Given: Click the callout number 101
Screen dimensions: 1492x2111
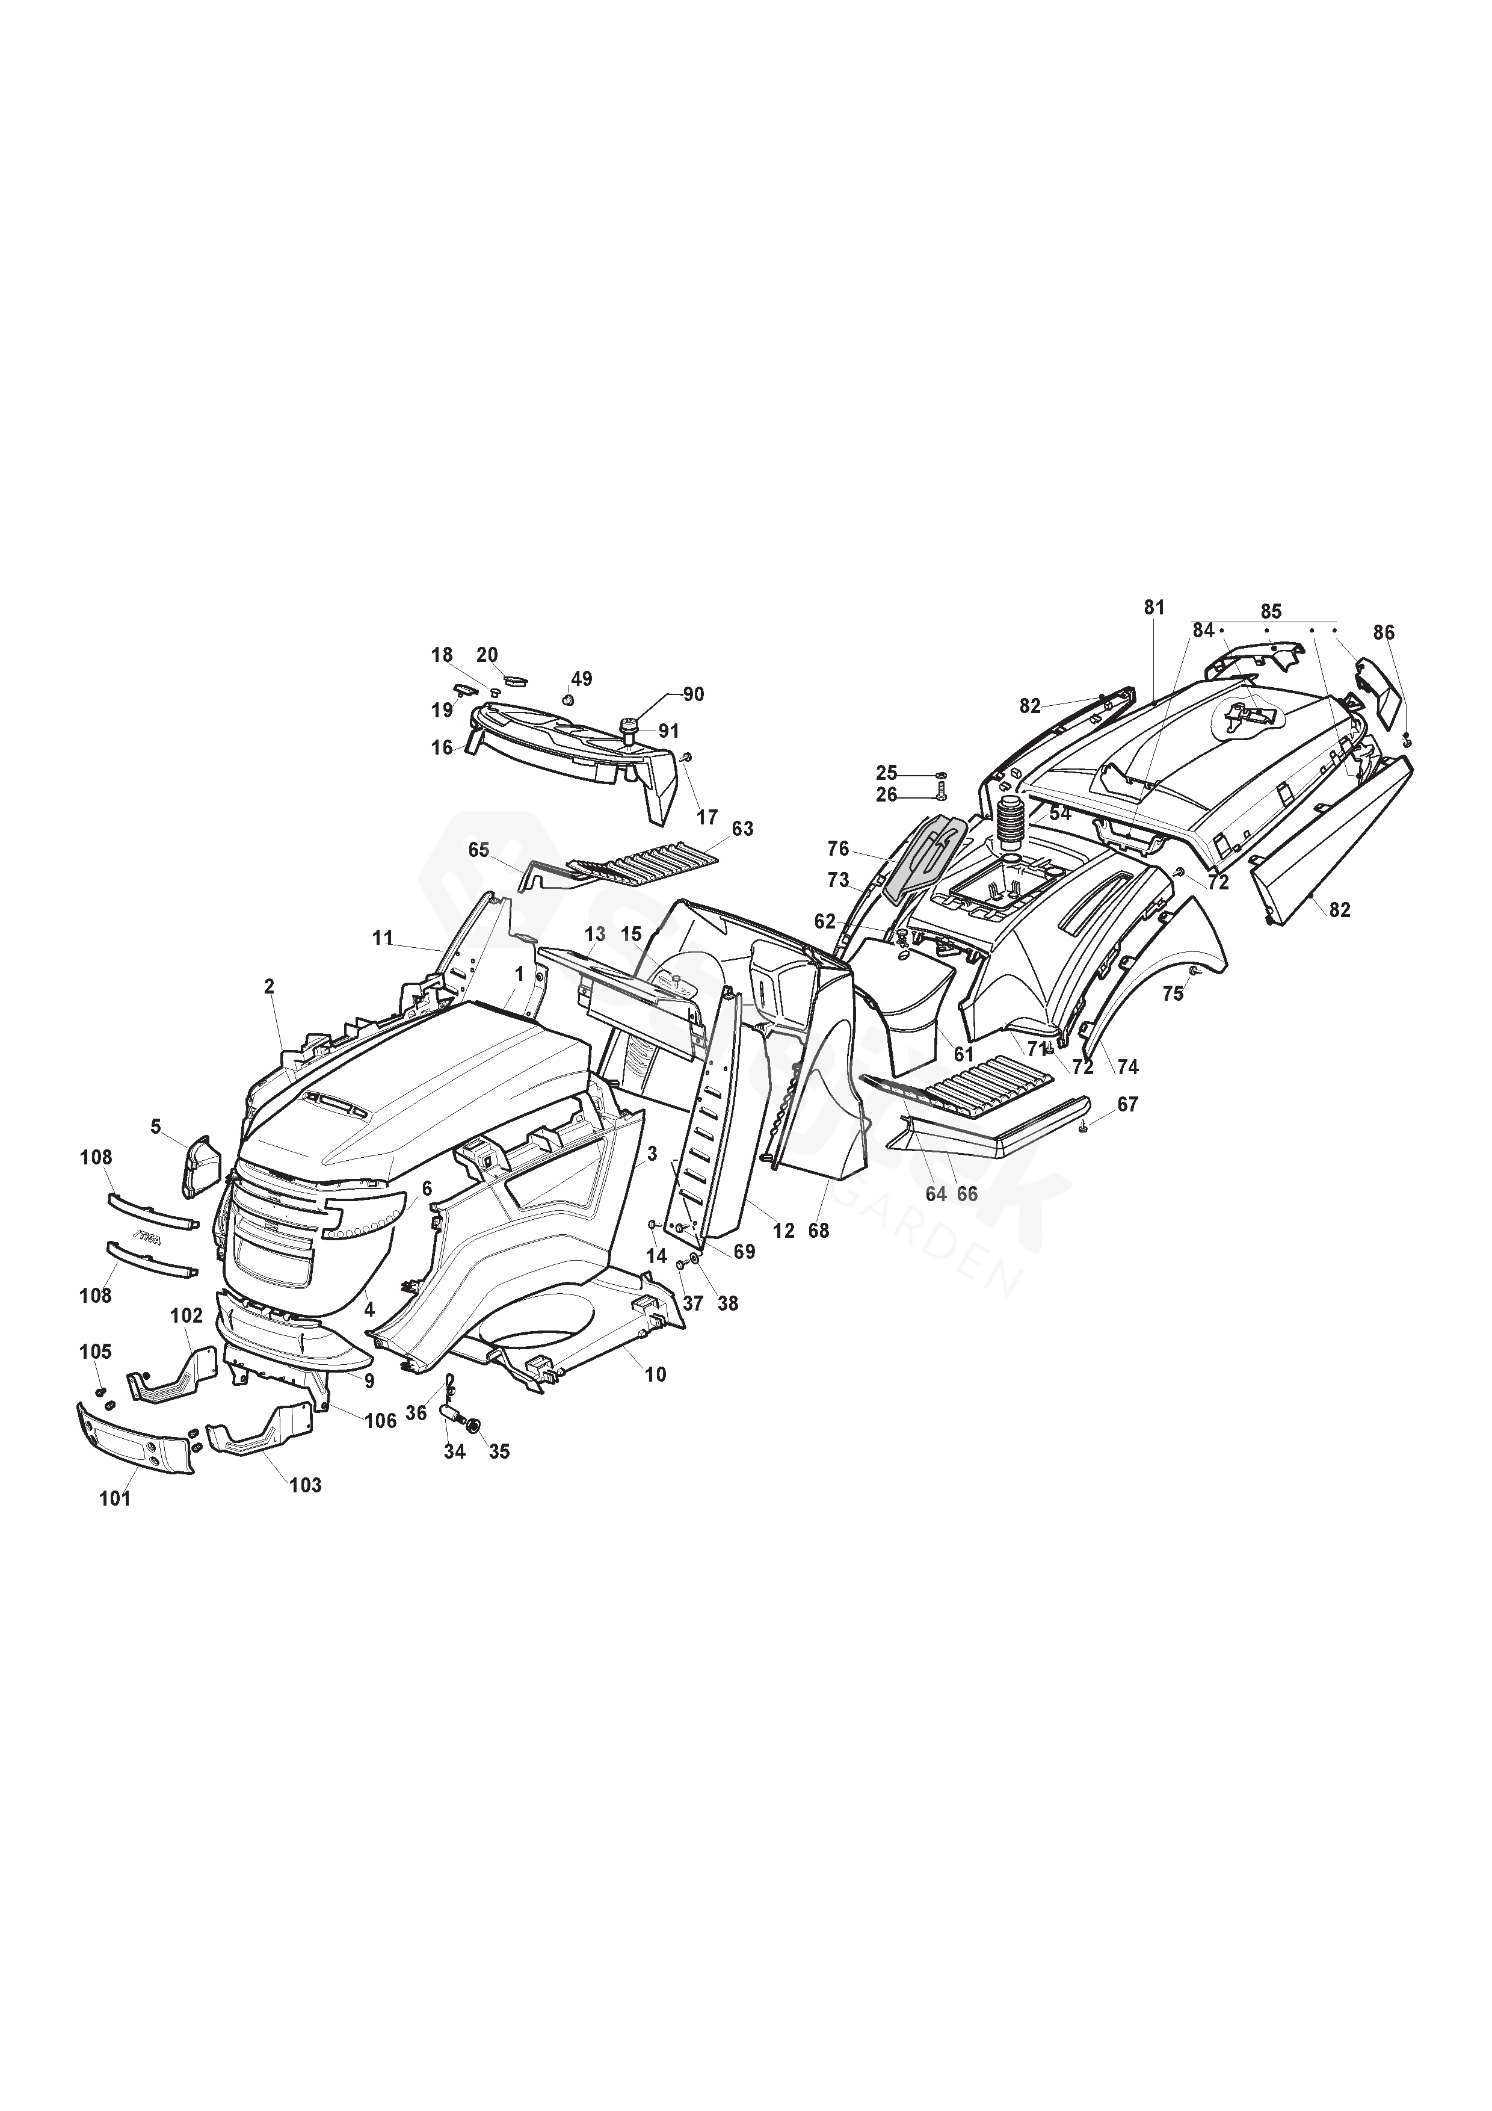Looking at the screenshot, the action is pyautogui.click(x=115, y=1498).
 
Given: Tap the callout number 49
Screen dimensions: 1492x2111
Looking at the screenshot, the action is pyautogui.click(x=581, y=679).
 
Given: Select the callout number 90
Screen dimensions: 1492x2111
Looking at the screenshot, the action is pyautogui.click(x=693, y=694).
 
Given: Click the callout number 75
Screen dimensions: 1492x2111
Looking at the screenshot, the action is pyautogui.click(x=1173, y=994).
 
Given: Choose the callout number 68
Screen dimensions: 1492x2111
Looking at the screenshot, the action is pyautogui.click(x=818, y=1230).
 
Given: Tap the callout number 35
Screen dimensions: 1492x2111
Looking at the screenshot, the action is pyautogui.click(x=499, y=1452).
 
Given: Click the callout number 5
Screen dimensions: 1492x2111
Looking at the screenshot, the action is pyautogui.click(x=156, y=1127).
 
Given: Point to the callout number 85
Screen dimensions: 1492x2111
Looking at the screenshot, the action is pyautogui.click(x=1271, y=611).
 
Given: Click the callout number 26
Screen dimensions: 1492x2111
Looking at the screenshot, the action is pyautogui.click(x=886, y=796).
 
